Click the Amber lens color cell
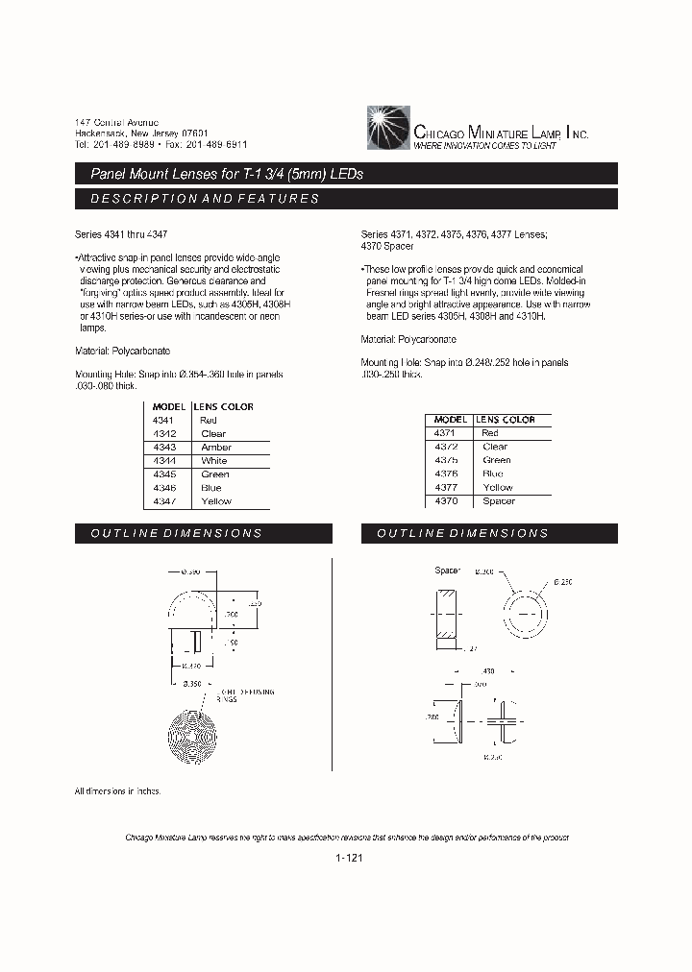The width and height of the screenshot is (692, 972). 216,448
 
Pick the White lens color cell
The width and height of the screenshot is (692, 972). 213,461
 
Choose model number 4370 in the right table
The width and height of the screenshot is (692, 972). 446,501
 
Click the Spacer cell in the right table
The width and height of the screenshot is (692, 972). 499,501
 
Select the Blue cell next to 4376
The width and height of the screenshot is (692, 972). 493,474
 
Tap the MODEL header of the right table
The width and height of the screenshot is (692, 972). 450,420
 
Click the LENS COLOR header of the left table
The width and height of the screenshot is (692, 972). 224,406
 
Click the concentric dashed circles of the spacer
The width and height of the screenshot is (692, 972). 526,608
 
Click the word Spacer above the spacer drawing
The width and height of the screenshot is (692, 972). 448,571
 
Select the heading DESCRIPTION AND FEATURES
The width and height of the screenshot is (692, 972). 204,199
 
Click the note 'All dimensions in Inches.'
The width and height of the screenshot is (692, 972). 118,790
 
